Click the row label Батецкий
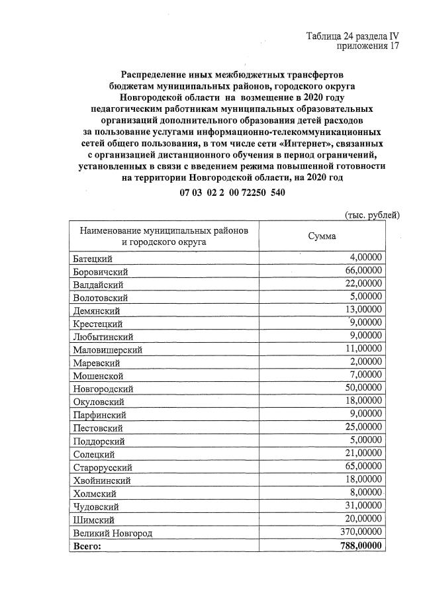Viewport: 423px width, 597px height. click(91, 257)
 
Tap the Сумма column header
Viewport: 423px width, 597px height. click(322, 236)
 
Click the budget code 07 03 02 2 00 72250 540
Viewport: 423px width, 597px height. click(232, 193)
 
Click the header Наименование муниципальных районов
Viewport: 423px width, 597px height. click(164, 230)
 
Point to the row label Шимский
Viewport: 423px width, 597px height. click(91, 520)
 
